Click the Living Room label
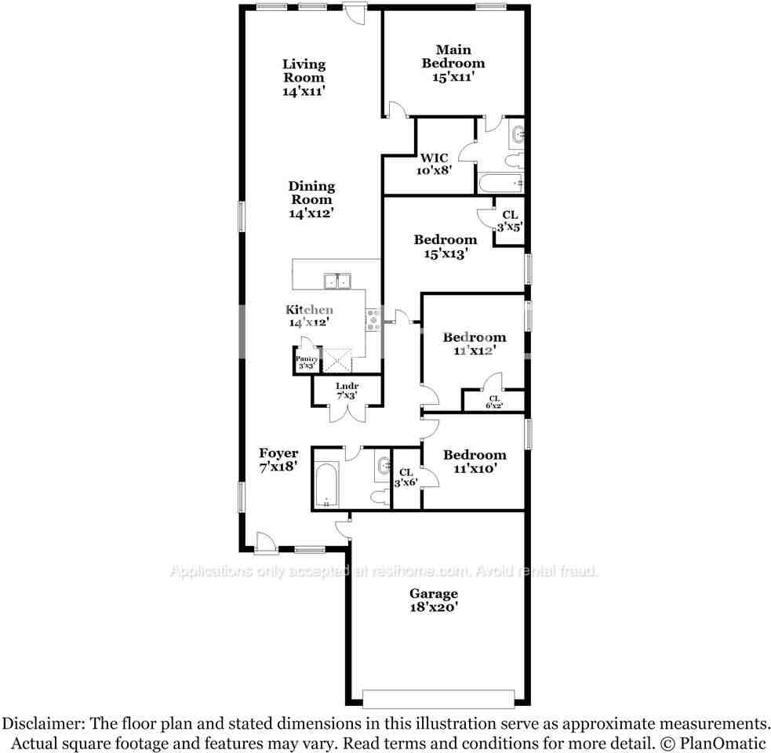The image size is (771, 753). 304,71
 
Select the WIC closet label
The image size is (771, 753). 434,158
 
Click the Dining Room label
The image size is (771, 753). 311,193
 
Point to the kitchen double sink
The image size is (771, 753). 338,281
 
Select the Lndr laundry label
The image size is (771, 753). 347,386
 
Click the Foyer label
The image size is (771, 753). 278,453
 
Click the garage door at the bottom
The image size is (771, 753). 438,697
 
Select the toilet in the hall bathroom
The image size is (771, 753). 378,497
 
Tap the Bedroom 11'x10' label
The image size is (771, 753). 474,455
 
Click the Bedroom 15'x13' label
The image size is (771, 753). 445,240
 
